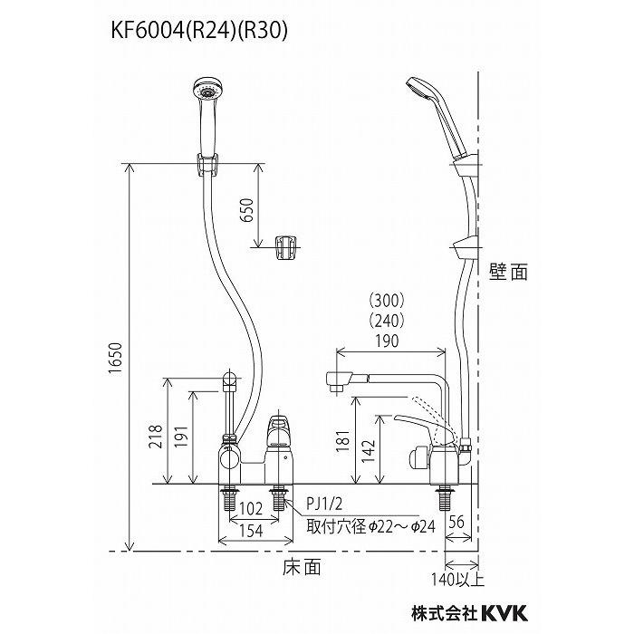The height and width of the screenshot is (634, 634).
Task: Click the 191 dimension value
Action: click(x=182, y=437)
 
